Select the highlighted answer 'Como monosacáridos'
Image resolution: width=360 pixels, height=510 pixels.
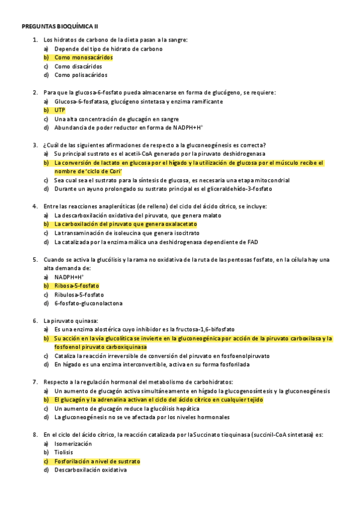click(x=84, y=58)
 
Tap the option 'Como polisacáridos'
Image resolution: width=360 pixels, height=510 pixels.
click(x=81, y=75)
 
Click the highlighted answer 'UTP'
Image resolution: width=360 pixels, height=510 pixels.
click(x=59, y=111)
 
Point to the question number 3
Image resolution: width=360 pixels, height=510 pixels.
click(x=35, y=145)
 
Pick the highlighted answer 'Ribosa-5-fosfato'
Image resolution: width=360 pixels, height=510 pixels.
click(x=77, y=286)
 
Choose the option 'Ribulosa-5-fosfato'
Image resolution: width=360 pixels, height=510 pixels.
click(x=79, y=295)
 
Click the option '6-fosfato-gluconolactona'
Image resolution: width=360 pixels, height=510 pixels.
click(x=88, y=304)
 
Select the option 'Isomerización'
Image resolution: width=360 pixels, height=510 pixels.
click(x=73, y=443)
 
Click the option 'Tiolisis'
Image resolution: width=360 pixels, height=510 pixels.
click(x=64, y=452)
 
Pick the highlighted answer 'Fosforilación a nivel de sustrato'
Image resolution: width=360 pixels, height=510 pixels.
click(x=97, y=461)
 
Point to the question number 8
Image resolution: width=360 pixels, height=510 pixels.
click(x=35, y=434)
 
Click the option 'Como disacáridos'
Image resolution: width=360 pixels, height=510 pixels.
click(x=78, y=67)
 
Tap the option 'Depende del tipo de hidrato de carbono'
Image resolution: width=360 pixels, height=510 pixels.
click(x=108, y=49)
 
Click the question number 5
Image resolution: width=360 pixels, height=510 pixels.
click(x=35, y=260)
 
